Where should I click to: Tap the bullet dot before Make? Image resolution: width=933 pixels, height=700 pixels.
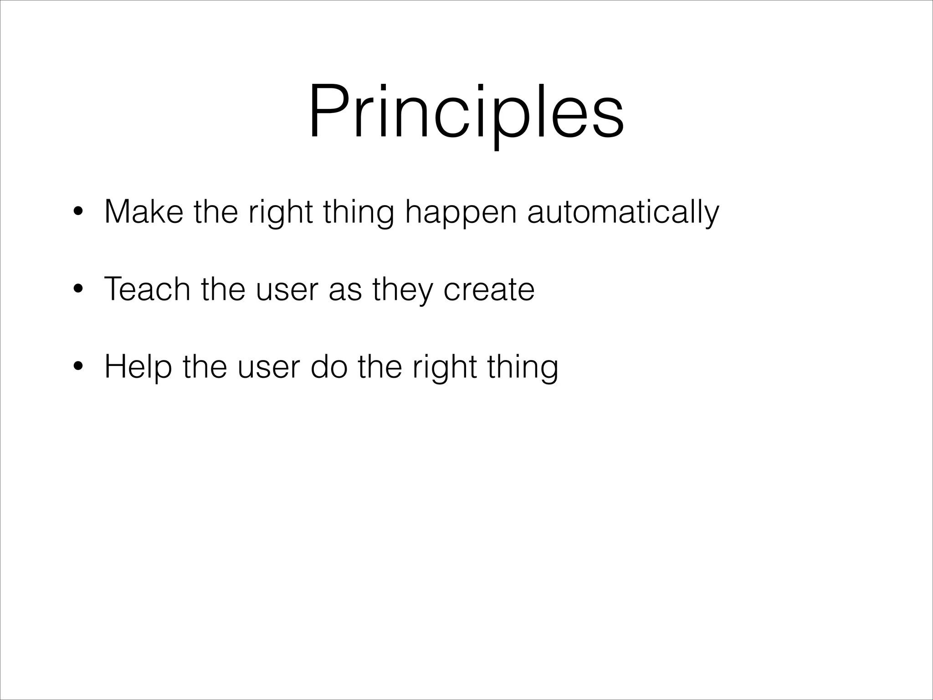tap(79, 212)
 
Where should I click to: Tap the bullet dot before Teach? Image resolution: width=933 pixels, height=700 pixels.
tap(79, 290)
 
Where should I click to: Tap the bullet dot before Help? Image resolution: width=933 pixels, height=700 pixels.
tap(79, 367)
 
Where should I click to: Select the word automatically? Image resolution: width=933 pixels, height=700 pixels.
tap(623, 212)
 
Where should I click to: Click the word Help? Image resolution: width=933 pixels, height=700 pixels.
tap(138, 367)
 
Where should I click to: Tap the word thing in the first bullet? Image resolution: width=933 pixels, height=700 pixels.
tap(358, 212)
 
